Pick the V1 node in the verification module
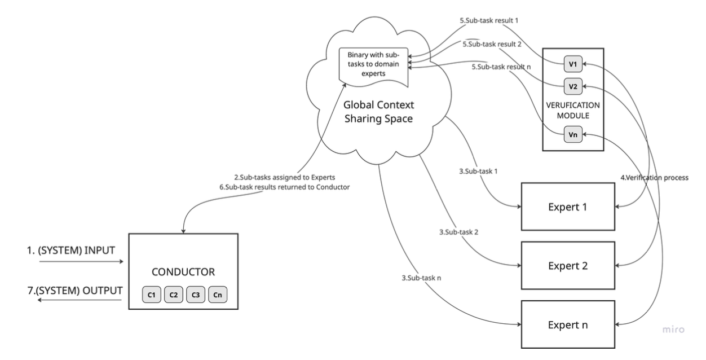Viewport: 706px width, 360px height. pos(572,64)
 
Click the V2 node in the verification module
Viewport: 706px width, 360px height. pos(572,87)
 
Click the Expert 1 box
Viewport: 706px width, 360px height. pos(568,207)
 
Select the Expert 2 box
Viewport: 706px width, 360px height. pos(568,265)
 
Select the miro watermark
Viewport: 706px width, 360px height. pos(673,328)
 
